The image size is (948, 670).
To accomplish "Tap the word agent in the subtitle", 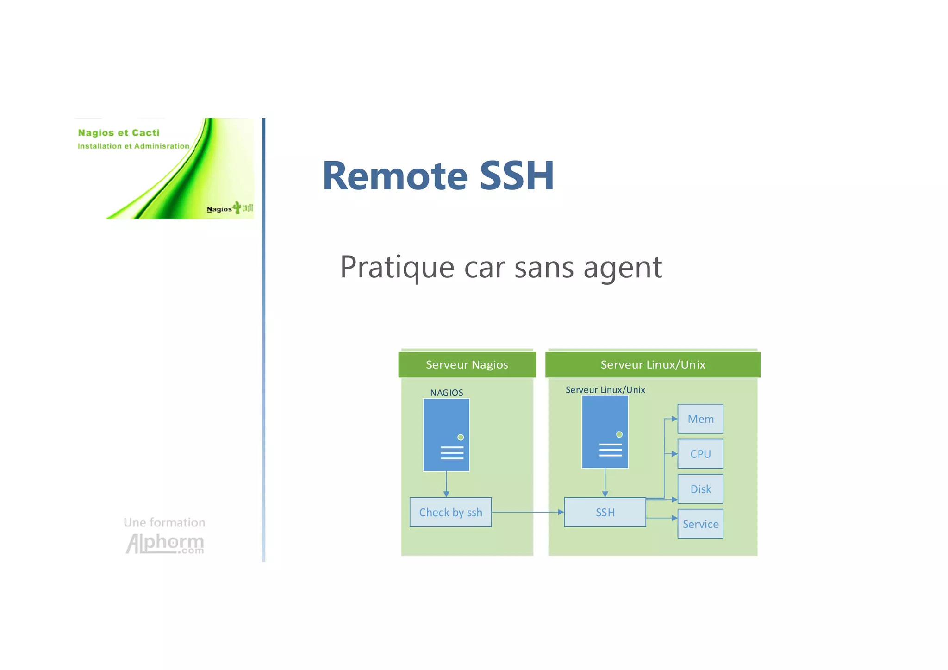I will [x=623, y=268].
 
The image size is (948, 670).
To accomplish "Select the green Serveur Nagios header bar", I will [x=467, y=365].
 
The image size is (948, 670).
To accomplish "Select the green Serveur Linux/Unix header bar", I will [x=653, y=365].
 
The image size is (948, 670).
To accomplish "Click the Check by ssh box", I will [x=450, y=512].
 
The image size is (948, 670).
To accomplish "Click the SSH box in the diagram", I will [x=605, y=512].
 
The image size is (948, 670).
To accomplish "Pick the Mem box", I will [x=700, y=419].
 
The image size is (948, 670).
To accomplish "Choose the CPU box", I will [x=700, y=454].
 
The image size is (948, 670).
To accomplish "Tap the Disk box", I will [x=700, y=489].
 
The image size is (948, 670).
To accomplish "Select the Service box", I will [x=700, y=524].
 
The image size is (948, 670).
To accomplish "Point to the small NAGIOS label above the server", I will [x=446, y=393].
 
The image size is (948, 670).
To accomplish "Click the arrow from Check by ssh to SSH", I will [x=528, y=512].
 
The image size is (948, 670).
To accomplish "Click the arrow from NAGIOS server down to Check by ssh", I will [x=446, y=484].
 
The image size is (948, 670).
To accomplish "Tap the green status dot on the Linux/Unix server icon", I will [x=619, y=434].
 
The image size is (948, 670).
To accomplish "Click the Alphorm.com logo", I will [x=165, y=543].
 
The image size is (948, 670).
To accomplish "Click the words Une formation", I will [x=164, y=522].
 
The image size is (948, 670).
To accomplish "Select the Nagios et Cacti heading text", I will [x=118, y=133].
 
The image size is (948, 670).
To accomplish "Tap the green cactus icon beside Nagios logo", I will [x=237, y=207].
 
